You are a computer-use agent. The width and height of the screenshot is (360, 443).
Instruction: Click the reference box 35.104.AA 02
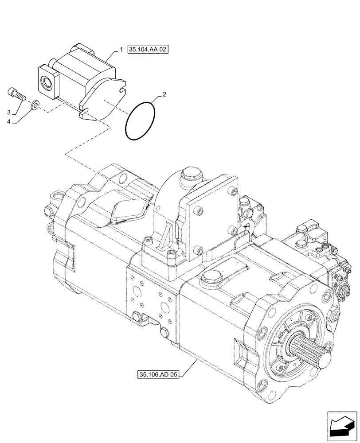(x=148, y=49)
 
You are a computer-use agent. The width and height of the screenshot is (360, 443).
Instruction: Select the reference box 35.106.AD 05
(x=157, y=375)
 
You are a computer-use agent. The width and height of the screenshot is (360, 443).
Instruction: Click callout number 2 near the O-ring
(x=164, y=94)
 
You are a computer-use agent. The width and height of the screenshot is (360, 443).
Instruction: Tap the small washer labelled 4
(x=35, y=105)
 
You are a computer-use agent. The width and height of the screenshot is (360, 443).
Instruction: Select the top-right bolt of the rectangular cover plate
(x=230, y=191)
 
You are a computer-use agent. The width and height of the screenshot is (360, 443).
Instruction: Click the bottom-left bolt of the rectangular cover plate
(x=199, y=251)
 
